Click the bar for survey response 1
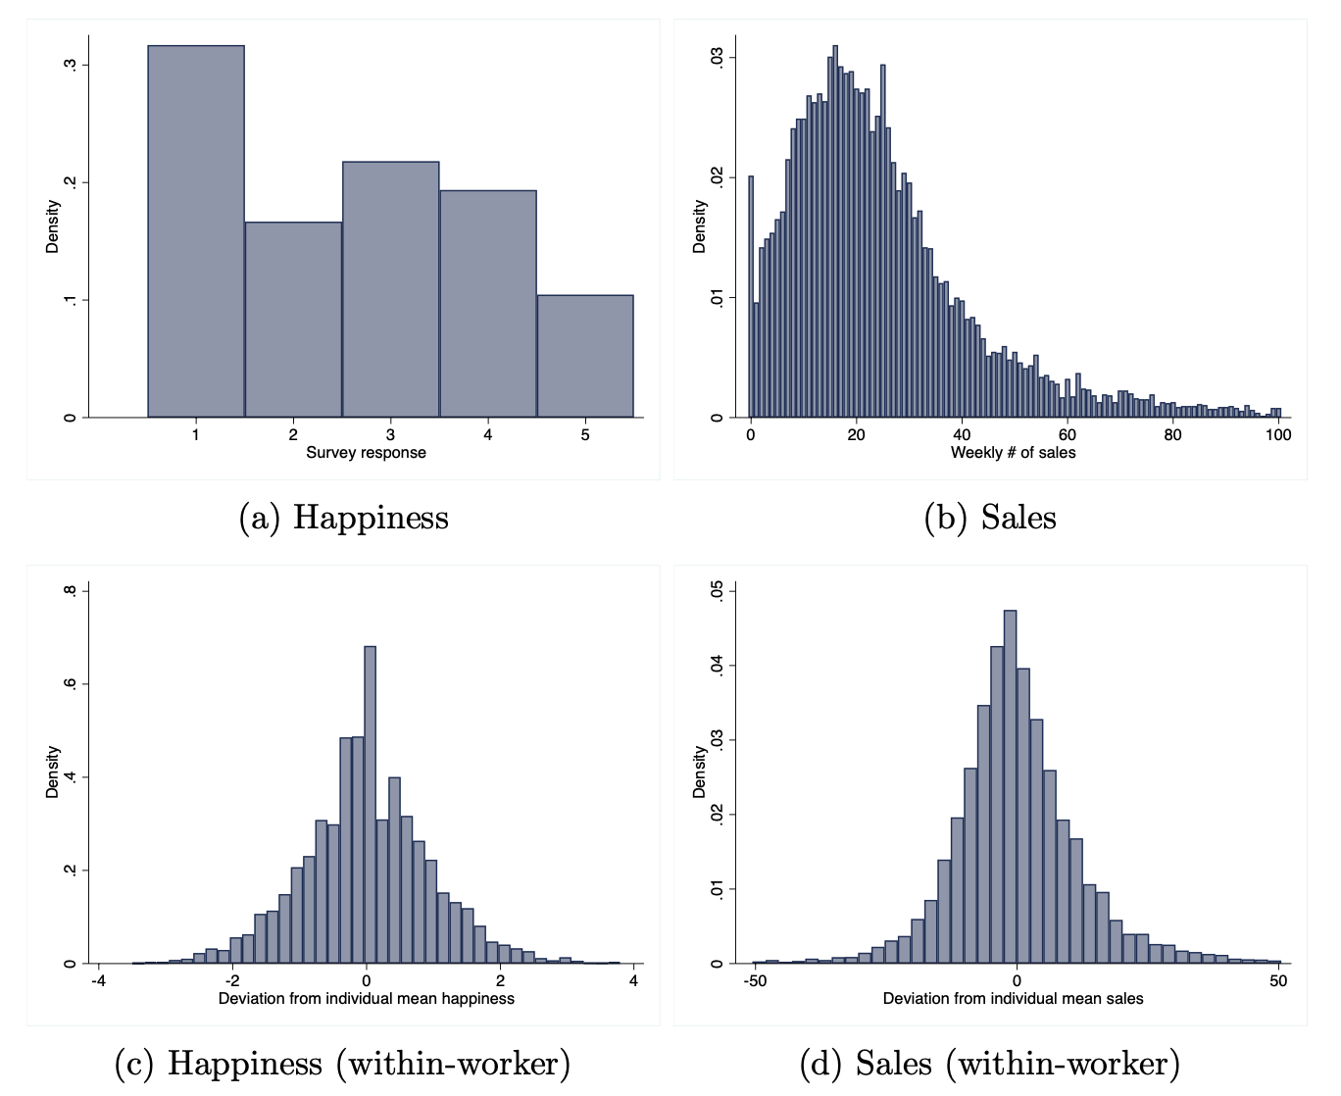(196, 231)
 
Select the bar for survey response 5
(585, 356)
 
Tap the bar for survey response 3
(390, 289)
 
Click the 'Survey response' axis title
(366, 453)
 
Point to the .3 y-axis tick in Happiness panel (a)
(70, 65)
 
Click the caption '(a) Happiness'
(343, 518)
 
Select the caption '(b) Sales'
(990, 518)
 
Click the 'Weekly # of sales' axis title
(1013, 453)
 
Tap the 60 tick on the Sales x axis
(1068, 435)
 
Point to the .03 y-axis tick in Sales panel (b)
(717, 58)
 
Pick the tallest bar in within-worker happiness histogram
(370, 804)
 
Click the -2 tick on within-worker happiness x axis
(232, 980)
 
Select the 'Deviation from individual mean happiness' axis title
(366, 999)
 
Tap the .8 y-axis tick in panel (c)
(70, 591)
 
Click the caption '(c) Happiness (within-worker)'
(343, 1064)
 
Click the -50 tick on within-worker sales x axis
(755, 980)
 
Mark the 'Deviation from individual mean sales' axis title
(1013, 999)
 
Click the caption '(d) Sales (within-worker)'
(990, 1064)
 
